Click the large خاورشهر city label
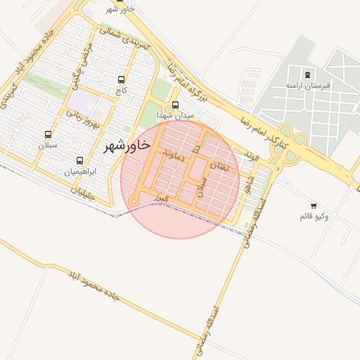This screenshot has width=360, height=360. click(x=127, y=146)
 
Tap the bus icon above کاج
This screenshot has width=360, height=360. click(x=122, y=79)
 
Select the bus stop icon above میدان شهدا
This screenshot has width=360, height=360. click(x=176, y=105)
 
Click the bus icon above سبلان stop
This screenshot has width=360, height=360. click(x=48, y=134)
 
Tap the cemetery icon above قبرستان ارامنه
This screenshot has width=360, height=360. click(x=307, y=75)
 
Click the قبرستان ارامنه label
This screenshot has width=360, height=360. click(x=307, y=85)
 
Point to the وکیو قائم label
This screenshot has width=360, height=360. click(x=314, y=216)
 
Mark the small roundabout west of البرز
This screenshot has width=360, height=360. click(x=134, y=201)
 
